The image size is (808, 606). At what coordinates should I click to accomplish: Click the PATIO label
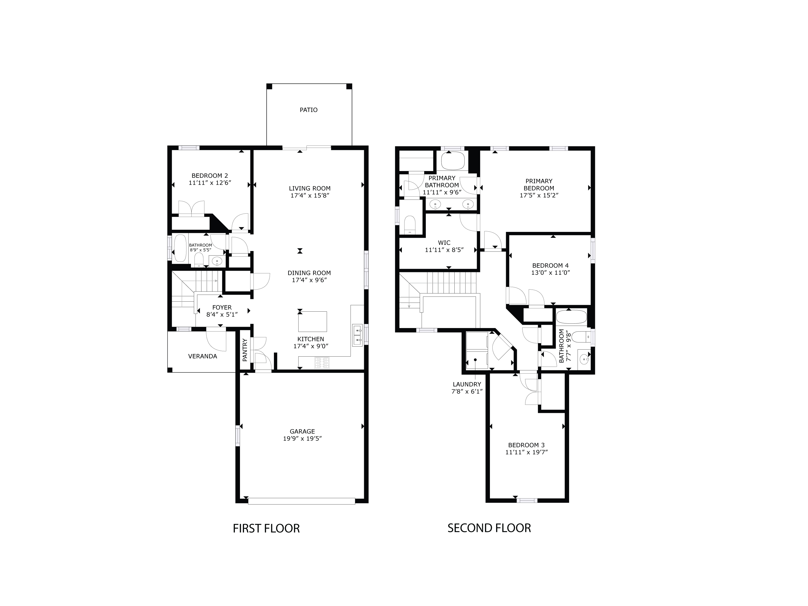click(x=308, y=110)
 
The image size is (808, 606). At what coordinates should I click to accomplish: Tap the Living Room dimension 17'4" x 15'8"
click(x=310, y=196)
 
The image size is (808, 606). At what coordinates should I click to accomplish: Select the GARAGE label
click(x=302, y=431)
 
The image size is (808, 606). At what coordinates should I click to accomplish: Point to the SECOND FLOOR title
click(x=489, y=528)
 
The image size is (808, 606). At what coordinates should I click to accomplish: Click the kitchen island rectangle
click(x=312, y=321)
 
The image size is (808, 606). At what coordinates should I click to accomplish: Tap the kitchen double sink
click(x=357, y=335)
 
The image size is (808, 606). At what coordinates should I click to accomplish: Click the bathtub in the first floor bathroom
click(x=180, y=248)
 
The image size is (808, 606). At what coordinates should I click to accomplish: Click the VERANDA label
click(x=202, y=356)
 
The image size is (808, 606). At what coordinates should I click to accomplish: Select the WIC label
click(x=444, y=243)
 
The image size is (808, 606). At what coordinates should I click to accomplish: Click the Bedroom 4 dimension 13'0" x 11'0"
click(x=551, y=273)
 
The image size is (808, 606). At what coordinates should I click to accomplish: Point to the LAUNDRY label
click(x=466, y=384)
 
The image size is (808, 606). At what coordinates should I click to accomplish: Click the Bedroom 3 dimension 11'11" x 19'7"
click(x=526, y=452)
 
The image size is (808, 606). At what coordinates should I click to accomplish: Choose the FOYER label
click(x=222, y=308)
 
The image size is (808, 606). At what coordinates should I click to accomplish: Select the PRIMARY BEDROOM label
click(x=539, y=184)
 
